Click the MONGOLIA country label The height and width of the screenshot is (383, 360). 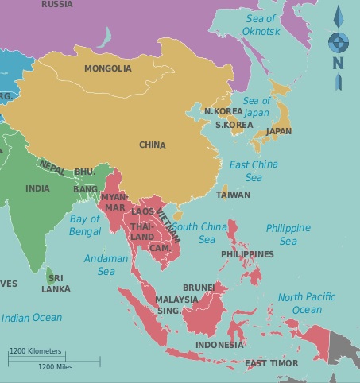click(108, 68)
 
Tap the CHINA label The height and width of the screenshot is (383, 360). click(152, 145)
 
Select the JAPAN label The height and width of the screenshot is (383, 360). click(278, 131)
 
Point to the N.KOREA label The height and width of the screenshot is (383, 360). click(223, 111)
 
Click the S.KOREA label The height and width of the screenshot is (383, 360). click(234, 125)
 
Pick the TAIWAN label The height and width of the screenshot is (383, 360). click(233, 194)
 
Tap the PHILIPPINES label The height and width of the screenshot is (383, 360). click(247, 254)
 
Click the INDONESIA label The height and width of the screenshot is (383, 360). click(219, 346)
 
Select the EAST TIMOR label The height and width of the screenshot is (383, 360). click(272, 363)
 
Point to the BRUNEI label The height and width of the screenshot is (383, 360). click(199, 287)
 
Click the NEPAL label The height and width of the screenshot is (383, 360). click(52, 169)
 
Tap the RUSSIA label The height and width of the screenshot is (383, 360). click(56, 4)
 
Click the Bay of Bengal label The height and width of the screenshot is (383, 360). click(85, 225)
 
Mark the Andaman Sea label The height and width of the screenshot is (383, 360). click(106, 265)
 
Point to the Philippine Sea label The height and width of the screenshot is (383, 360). click(288, 234)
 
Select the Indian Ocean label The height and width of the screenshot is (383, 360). click(31, 318)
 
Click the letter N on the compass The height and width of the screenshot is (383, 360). click(338, 63)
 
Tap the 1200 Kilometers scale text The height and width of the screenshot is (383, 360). click(37, 350)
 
